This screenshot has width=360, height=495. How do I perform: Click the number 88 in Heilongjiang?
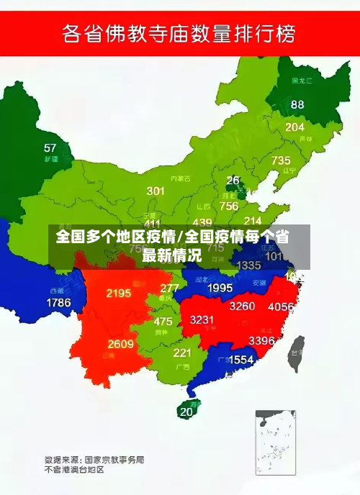297,104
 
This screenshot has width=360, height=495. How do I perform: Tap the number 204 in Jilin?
294,127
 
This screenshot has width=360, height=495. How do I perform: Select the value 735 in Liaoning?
281,160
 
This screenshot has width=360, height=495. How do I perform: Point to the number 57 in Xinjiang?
50,148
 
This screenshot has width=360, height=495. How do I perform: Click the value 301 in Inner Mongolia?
156,191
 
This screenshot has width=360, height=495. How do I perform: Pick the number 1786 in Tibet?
58,302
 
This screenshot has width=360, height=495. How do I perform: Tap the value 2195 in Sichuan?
118,293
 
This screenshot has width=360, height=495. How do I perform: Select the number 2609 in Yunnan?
121,344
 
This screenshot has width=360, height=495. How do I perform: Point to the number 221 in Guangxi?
182,353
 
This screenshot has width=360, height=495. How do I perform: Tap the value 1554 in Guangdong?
240,359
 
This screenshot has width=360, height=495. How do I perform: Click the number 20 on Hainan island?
186,412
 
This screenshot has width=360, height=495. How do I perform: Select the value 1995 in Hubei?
220,288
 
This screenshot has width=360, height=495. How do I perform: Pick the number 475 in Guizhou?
163,322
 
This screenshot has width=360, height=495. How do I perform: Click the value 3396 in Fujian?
261,340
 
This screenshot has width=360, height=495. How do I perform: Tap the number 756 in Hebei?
229,206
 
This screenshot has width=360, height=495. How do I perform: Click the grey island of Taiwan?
296,353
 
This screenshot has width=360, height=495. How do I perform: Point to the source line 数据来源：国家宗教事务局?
94,458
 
